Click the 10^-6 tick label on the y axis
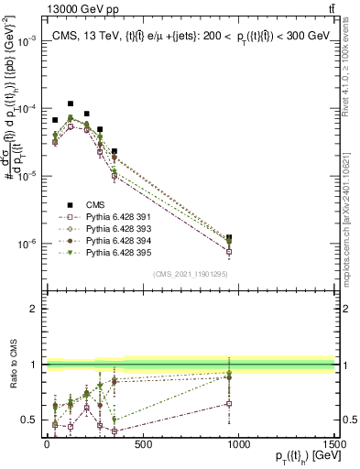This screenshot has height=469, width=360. pyautogui.click(x=27, y=245)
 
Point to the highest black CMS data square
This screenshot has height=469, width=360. pyautogui.click(x=71, y=104)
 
